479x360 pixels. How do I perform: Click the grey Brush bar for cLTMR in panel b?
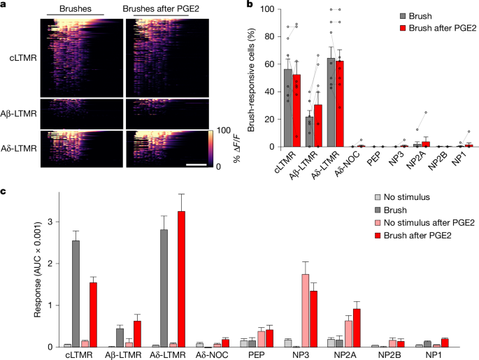(x=287, y=108)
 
